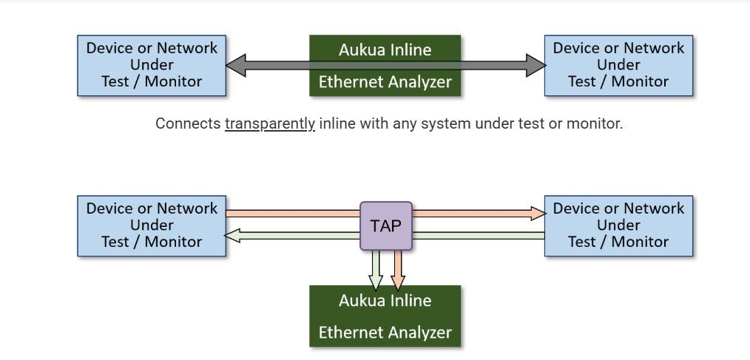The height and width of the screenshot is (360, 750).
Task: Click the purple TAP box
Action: point(385,225)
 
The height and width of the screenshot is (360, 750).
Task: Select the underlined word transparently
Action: point(269,123)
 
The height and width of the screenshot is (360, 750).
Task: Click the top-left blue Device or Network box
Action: point(152,65)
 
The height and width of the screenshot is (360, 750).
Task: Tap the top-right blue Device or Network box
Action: point(618,65)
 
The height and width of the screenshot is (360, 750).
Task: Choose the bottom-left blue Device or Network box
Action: point(152,225)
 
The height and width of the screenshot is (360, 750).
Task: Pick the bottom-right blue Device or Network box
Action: point(618,225)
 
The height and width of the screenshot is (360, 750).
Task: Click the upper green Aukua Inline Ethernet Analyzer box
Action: point(385,65)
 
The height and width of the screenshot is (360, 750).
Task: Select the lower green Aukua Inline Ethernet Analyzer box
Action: point(385,316)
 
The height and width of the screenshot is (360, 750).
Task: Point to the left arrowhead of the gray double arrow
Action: point(236,65)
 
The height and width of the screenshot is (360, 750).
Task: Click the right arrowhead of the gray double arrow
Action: point(535,65)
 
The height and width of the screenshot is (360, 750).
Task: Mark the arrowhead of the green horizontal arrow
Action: point(234,236)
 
